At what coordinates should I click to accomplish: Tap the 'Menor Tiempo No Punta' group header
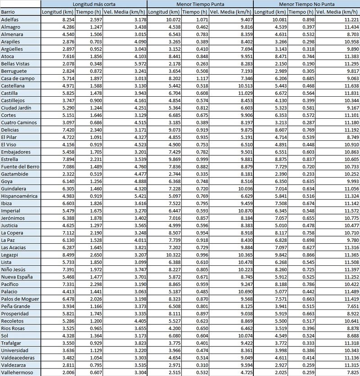click(x=306, y=4)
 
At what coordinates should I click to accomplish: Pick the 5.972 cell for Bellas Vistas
click(x=136, y=64)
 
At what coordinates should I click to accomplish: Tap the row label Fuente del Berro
click(x=20, y=166)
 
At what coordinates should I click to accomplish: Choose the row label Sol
click(x=5, y=336)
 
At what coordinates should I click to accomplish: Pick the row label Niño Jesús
click(x=14, y=269)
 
